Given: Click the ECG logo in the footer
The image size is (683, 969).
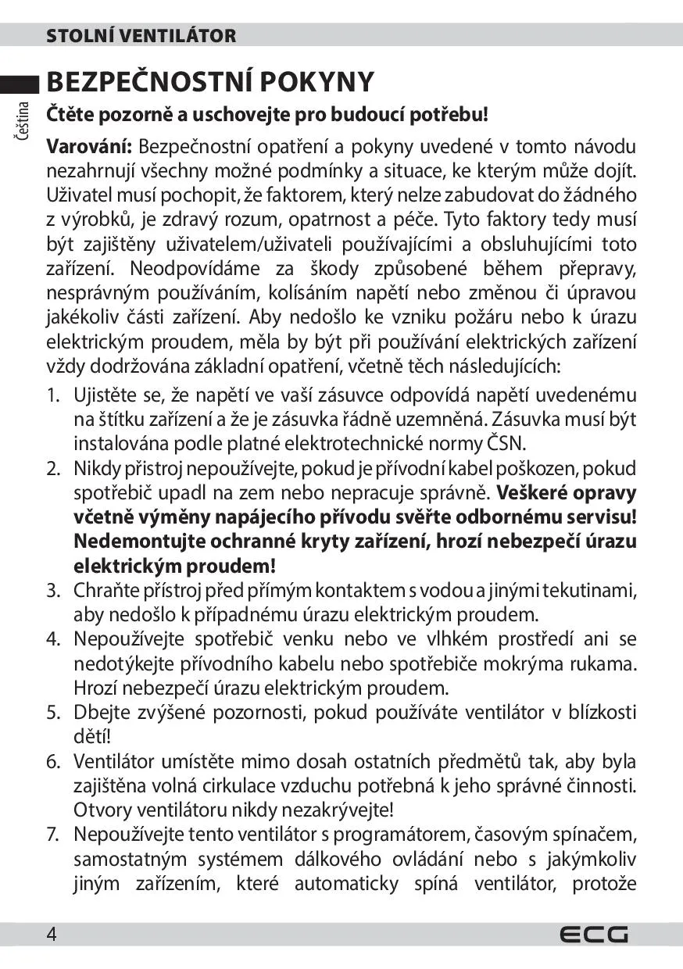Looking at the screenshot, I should point(593,935).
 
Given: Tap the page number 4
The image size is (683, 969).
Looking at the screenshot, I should point(52,935).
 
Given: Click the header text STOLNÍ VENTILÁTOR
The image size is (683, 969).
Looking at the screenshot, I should point(141,36).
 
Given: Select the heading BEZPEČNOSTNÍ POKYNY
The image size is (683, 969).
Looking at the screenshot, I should point(211,81).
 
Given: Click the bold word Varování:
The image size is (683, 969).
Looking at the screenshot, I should point(91,147).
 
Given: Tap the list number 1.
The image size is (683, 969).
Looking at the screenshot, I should point(53,396).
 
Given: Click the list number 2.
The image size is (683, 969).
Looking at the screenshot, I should point(53,469).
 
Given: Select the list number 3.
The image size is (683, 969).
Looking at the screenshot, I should point(53,590).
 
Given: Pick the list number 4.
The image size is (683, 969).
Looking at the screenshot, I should point(53,639).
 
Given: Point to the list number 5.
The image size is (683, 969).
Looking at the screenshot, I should point(53,712).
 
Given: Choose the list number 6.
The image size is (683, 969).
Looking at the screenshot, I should point(53,761).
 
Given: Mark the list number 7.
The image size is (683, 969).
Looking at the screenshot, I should point(53,834).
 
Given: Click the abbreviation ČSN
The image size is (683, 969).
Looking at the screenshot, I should point(508,444).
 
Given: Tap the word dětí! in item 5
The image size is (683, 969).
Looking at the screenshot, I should point(92,736).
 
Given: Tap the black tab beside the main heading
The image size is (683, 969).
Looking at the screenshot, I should point(20,81).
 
